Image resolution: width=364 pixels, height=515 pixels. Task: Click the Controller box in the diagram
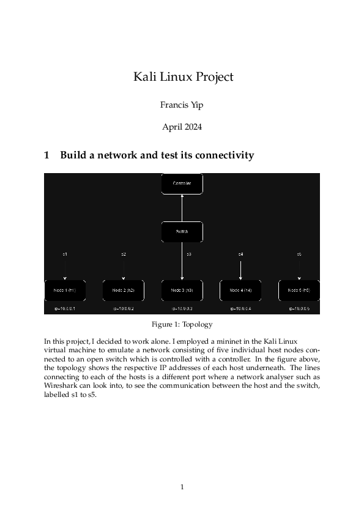tap(182, 183)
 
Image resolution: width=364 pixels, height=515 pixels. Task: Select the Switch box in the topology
tap(182, 232)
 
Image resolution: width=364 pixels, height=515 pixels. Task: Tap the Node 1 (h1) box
tap(65, 290)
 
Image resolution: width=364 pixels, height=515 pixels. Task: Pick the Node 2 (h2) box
tap(124, 290)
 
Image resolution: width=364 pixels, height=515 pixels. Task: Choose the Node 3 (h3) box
tap(182, 290)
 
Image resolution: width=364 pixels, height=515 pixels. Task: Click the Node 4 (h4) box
tap(240, 290)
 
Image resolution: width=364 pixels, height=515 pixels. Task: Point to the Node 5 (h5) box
tap(299, 290)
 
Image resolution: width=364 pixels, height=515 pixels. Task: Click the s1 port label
tap(65, 253)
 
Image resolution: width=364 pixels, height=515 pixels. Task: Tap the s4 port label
tap(241, 253)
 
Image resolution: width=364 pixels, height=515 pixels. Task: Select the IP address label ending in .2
tap(124, 309)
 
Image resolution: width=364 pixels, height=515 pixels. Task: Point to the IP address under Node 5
tap(299, 309)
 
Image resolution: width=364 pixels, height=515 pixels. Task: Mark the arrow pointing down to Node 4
tap(241, 270)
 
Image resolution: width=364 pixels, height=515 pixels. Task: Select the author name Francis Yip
tap(182, 105)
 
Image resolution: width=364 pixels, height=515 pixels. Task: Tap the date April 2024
tap(182, 127)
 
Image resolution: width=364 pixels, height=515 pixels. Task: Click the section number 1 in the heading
tap(47, 155)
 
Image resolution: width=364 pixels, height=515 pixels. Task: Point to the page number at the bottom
tap(182, 487)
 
